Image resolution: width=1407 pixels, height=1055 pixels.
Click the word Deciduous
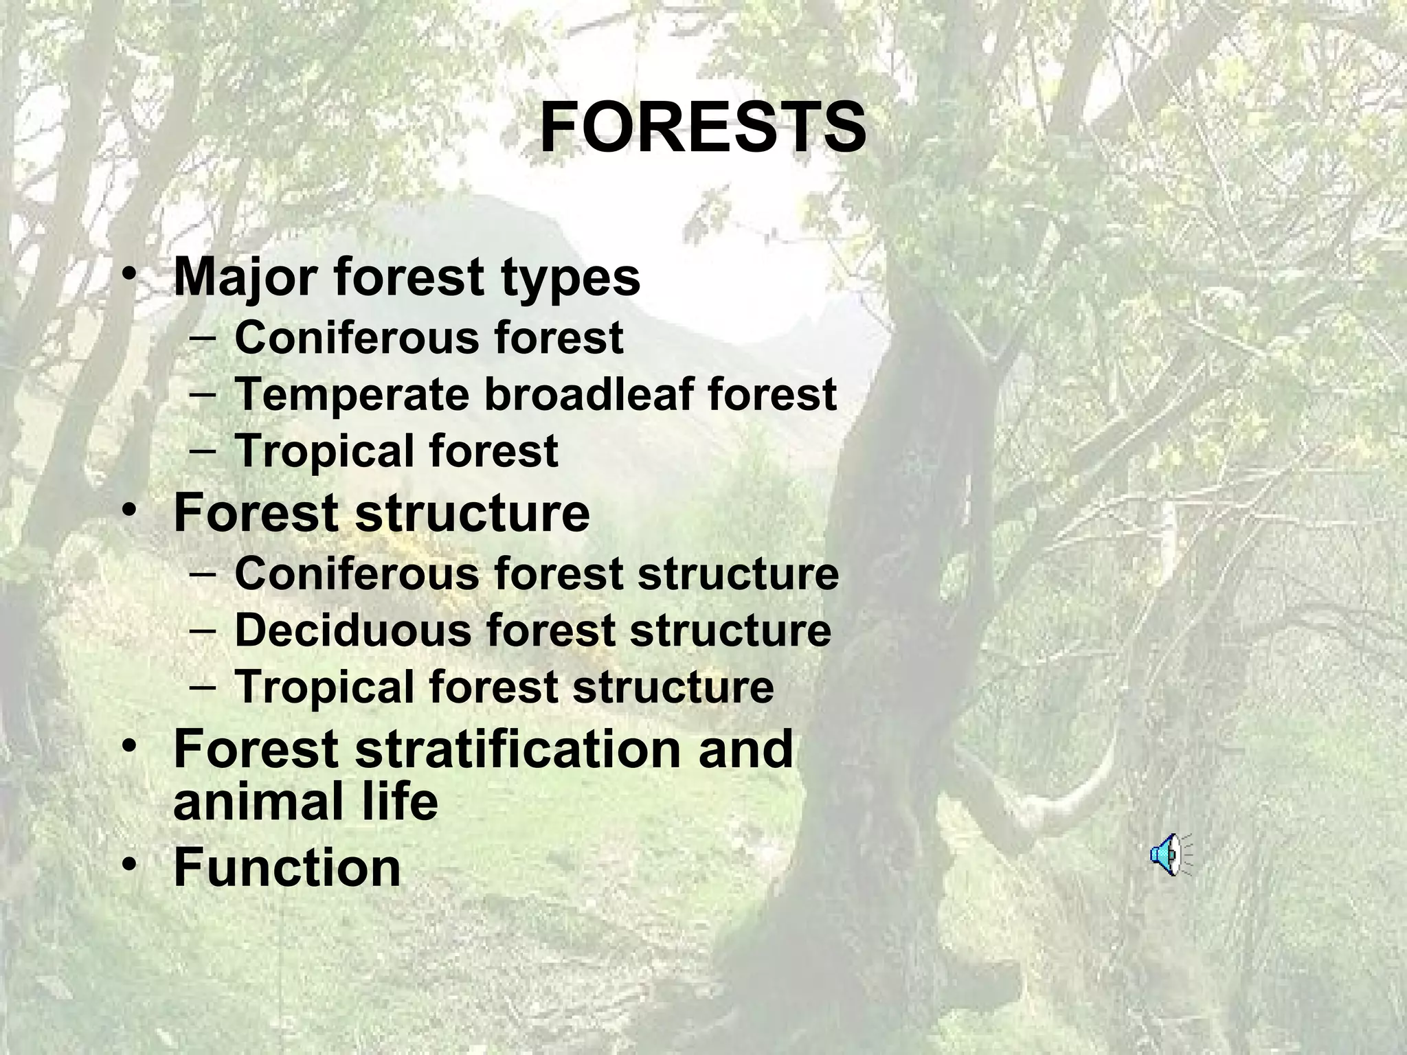point(352,630)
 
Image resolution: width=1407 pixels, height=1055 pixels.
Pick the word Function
point(287,867)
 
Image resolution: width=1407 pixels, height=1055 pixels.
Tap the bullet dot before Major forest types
point(128,275)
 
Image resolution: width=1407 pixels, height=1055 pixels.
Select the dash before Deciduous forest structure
point(201,630)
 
